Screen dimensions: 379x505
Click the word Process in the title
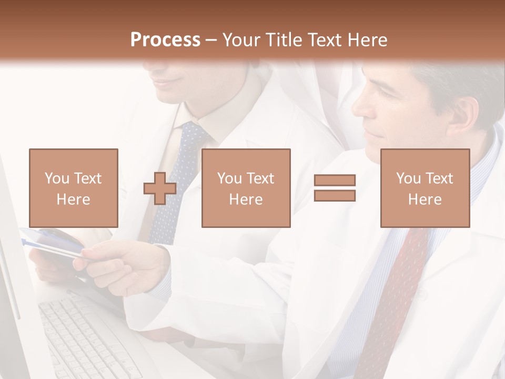pyautogui.click(x=165, y=40)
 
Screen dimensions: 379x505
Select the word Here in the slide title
pyautogui.click(x=368, y=40)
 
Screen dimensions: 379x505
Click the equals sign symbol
pyautogui.click(x=335, y=188)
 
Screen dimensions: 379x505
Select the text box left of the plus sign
pyautogui.click(x=73, y=188)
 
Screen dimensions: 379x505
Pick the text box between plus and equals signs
pyautogui.click(x=246, y=188)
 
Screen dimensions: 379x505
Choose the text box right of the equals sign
pyautogui.click(x=425, y=188)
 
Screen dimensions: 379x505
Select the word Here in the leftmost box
pyautogui.click(x=73, y=200)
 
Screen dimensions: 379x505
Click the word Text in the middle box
pyautogui.click(x=260, y=178)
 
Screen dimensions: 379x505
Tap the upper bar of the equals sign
pyautogui.click(x=335, y=180)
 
